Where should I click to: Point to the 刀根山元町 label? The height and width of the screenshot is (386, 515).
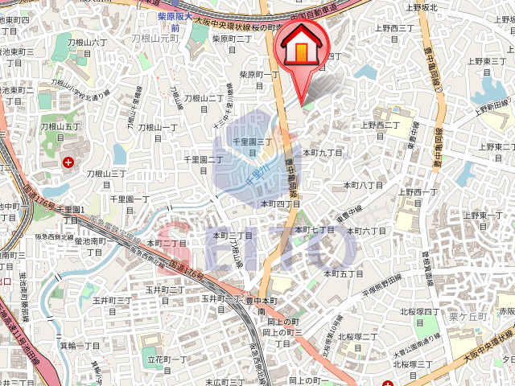coord(154,37)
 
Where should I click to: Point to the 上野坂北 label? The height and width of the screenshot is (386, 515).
coord(421,7)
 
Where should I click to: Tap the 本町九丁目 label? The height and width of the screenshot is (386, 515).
coord(322,151)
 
